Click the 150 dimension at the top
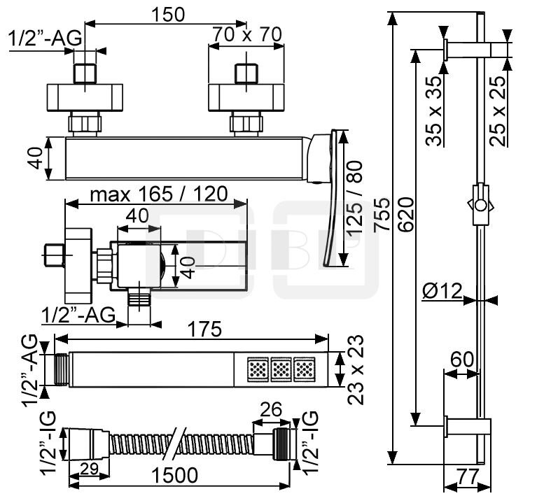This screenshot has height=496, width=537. point(168,15)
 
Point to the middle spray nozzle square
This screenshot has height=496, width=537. point(281,368)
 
